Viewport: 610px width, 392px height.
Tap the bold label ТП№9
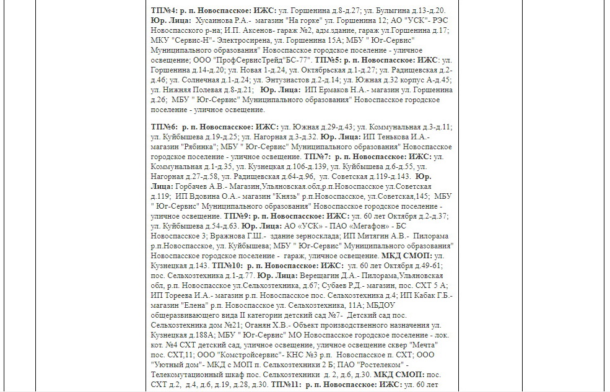(x=236, y=216)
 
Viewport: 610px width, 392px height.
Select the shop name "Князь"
(x=293, y=196)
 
